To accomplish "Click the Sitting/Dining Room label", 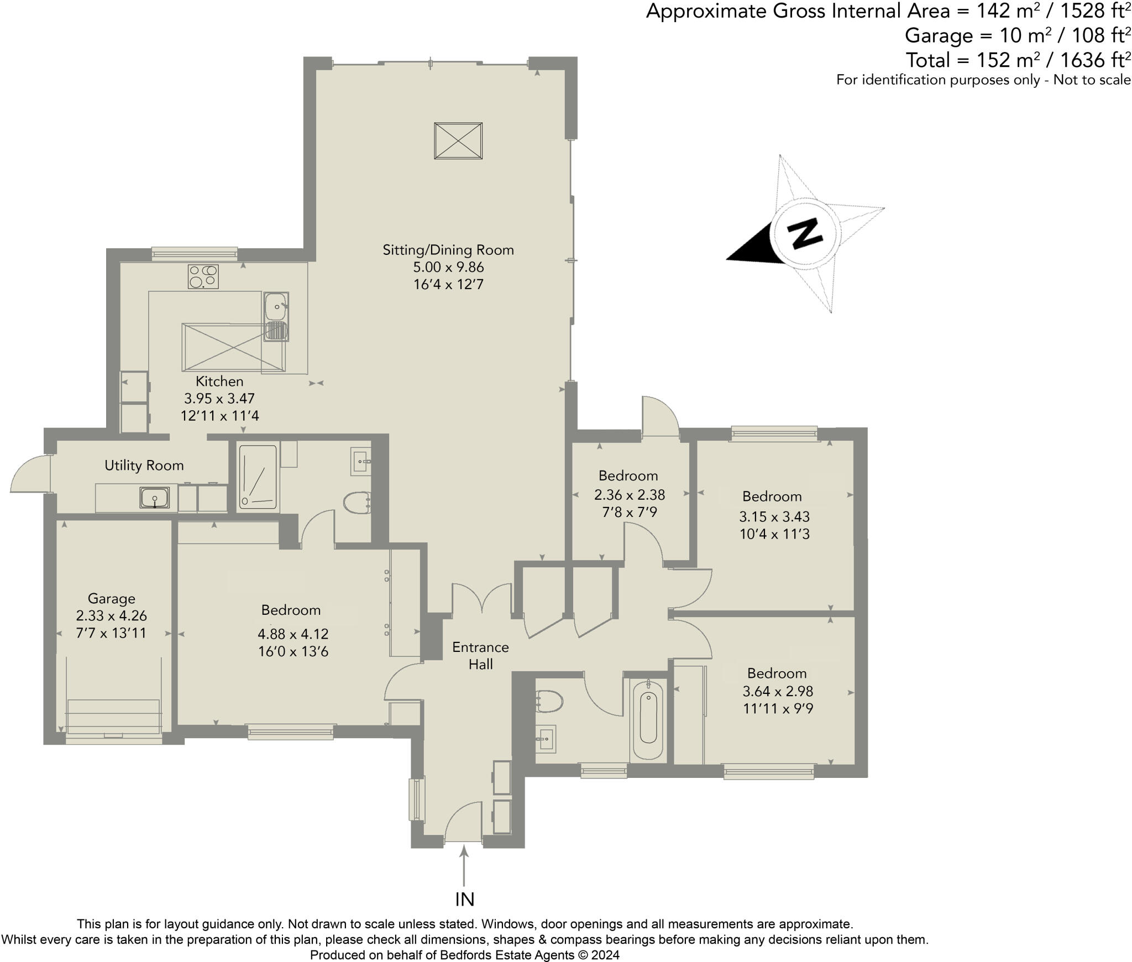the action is tap(448, 250).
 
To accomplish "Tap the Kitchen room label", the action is tap(219, 381).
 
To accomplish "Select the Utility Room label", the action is tap(144, 466).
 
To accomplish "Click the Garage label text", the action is tap(111, 599).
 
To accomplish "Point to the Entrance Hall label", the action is tap(480, 655).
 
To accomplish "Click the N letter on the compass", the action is tap(804, 233).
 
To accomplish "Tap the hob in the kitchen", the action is tap(203, 276).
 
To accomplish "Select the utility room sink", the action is tap(155, 498).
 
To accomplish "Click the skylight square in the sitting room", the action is tap(458, 141).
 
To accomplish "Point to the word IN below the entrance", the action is tap(465, 900).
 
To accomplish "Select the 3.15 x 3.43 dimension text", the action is tap(774, 516).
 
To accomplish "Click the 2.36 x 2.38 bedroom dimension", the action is tap(630, 494).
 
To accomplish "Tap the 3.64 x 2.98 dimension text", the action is tap(778, 691).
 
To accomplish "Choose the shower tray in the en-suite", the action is tap(258, 477).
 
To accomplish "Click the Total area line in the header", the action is tap(1018, 60).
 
